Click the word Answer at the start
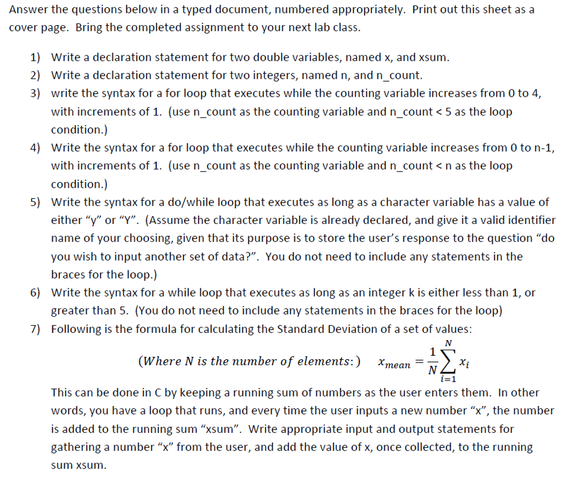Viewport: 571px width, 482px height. tap(27, 10)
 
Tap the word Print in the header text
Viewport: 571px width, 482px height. tap(426, 10)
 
